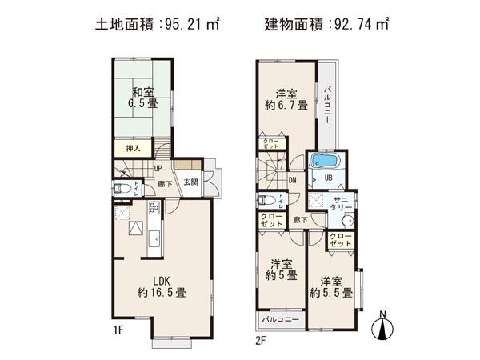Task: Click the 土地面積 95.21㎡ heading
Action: pyautogui.click(x=157, y=24)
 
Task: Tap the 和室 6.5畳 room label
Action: pyautogui.click(x=145, y=97)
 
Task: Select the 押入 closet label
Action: pyautogui.click(x=134, y=148)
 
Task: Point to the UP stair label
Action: pyautogui.click(x=158, y=169)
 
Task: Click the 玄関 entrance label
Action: pyautogui.click(x=190, y=182)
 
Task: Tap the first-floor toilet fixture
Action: pyautogui.click(x=122, y=189)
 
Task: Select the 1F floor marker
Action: pyautogui.click(x=119, y=327)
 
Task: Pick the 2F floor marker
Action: pyautogui.click(x=259, y=339)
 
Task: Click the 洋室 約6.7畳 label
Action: pyautogui.click(x=286, y=98)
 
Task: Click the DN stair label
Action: pyautogui.click(x=293, y=180)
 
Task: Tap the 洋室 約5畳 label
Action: pyautogui.click(x=281, y=270)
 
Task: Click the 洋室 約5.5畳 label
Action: pyautogui.click(x=331, y=287)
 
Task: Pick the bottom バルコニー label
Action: pyautogui.click(x=280, y=321)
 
